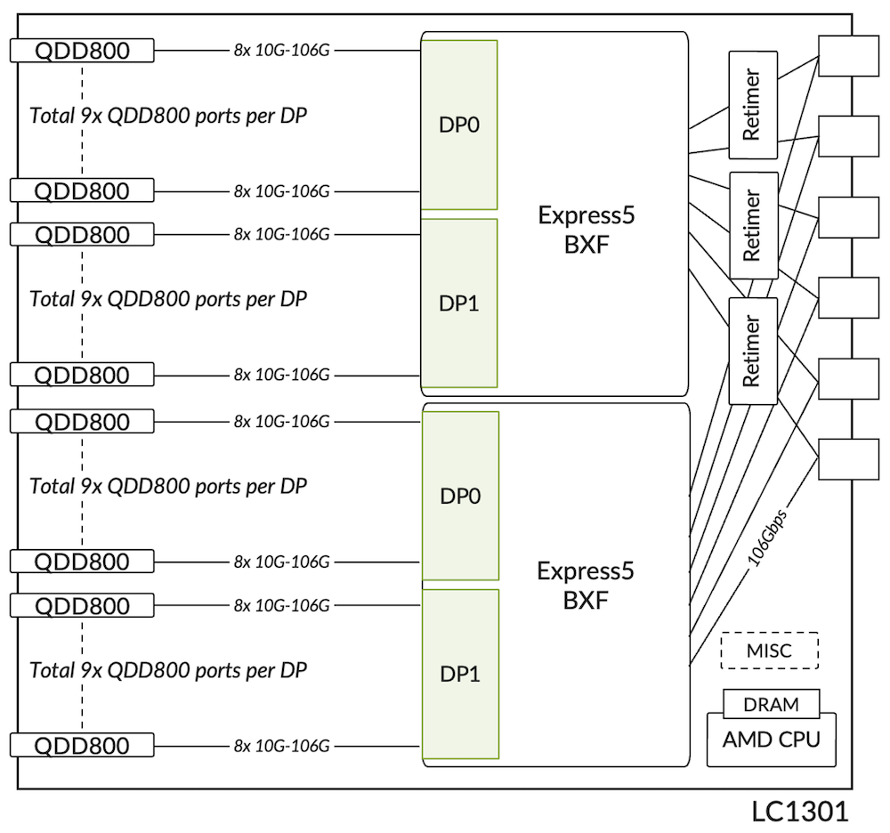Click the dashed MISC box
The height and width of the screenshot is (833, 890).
click(768, 651)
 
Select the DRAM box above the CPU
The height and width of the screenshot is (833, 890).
click(771, 704)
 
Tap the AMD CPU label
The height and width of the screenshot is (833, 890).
click(771, 740)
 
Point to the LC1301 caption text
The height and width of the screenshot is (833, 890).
click(799, 811)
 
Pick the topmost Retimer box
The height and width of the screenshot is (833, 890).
click(752, 105)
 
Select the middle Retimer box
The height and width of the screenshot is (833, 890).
click(752, 225)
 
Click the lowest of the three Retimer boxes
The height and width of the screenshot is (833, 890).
click(752, 351)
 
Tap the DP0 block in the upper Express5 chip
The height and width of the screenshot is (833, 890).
click(459, 125)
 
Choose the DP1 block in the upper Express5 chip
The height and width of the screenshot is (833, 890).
click(459, 303)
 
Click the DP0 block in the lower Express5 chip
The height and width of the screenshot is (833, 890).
click(459, 496)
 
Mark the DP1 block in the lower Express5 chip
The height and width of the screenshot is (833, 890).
click(459, 674)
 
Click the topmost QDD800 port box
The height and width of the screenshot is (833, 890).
click(82, 51)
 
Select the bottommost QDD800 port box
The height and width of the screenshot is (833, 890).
click(82, 746)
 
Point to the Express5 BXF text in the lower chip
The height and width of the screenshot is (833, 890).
click(586, 585)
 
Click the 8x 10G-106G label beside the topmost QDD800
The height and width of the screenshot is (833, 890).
click(282, 51)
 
